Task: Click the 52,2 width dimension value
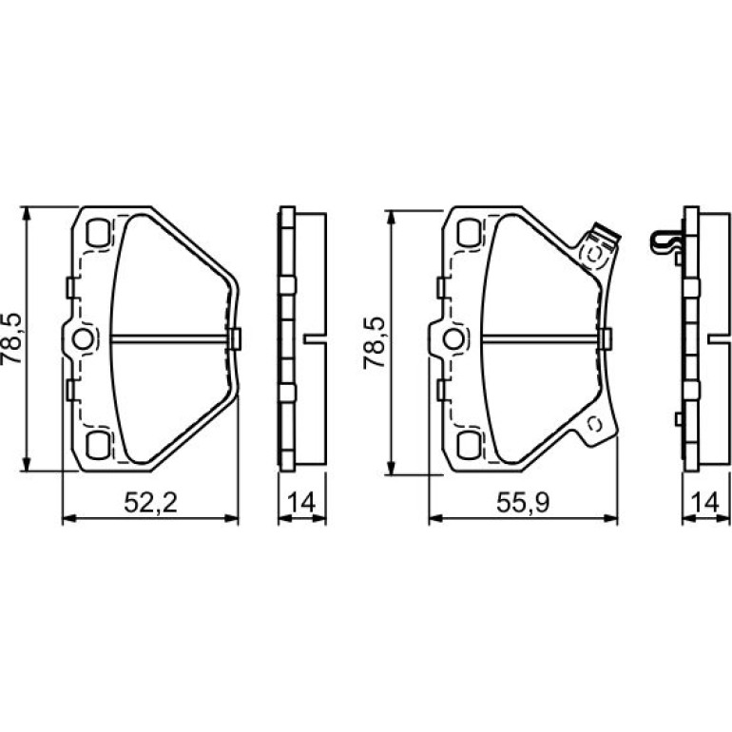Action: [x=150, y=502]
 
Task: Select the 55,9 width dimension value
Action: [x=523, y=502]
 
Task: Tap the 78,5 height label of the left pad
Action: [x=11, y=338]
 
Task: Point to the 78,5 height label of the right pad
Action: [x=375, y=342]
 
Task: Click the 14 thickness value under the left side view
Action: [x=301, y=502]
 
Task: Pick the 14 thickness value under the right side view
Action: [x=705, y=502]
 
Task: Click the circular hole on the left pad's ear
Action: [x=84, y=339]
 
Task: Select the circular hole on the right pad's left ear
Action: [x=453, y=339]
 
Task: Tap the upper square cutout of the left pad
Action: [x=98, y=233]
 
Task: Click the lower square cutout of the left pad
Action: [x=98, y=445]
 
